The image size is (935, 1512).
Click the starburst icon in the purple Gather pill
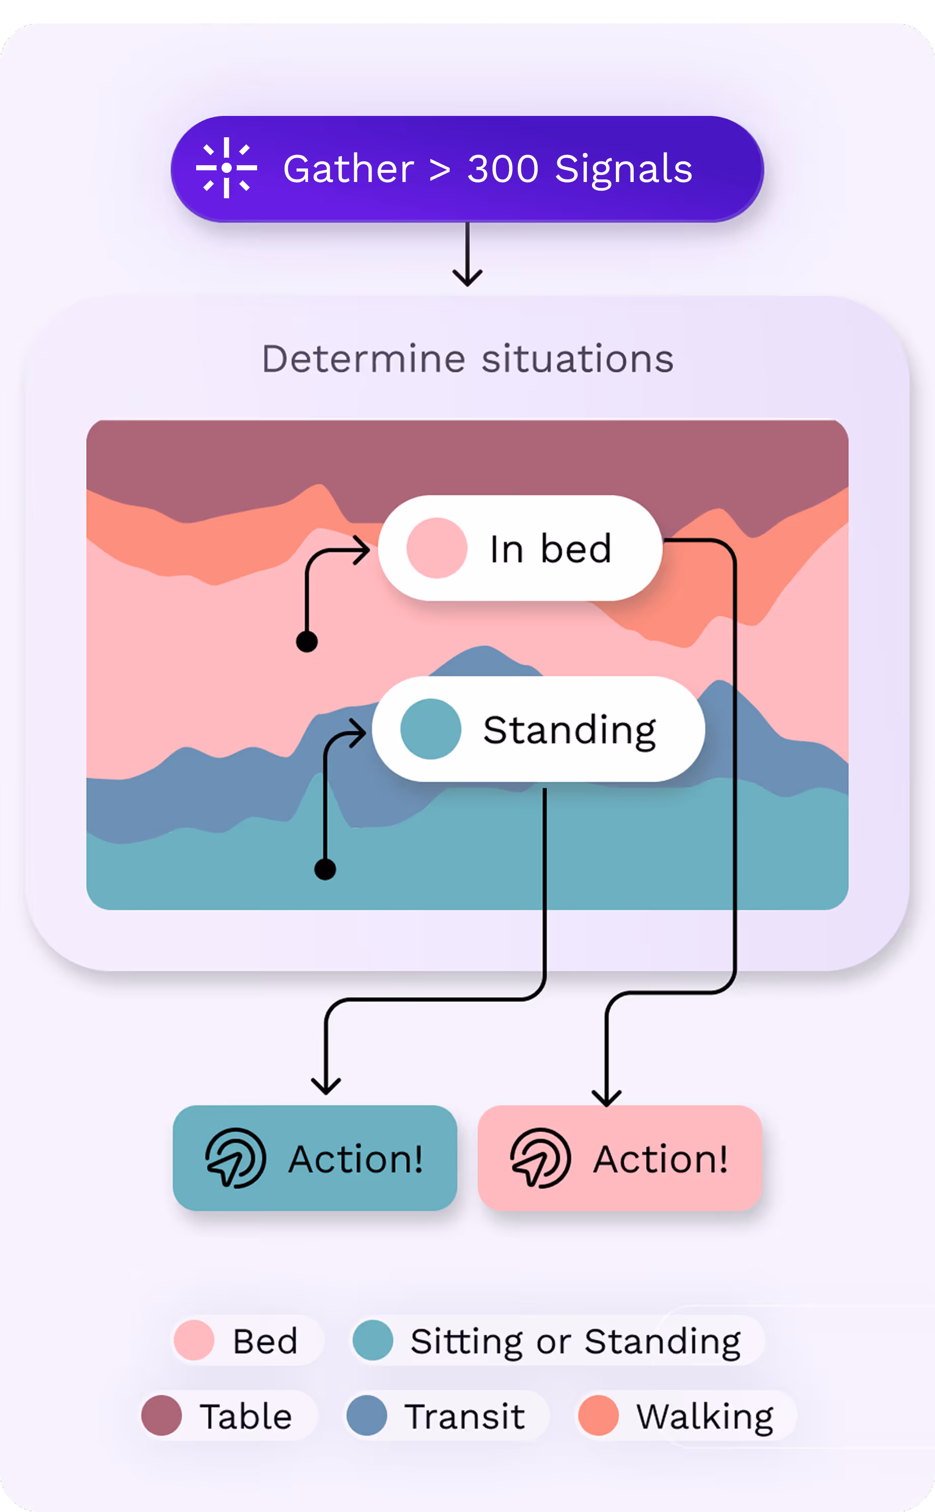(226, 168)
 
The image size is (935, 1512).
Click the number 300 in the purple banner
(503, 168)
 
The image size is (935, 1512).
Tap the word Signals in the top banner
(624, 169)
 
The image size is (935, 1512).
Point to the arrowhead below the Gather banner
(467, 277)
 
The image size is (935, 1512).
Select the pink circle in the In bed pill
(437, 548)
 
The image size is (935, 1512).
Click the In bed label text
(550, 548)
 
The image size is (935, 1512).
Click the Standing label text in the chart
(570, 731)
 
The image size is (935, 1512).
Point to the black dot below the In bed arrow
(307, 642)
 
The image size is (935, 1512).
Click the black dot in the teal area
(325, 869)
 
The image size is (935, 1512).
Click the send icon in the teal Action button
(236, 1158)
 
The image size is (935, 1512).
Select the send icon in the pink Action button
(541, 1158)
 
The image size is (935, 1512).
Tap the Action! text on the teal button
(356, 1159)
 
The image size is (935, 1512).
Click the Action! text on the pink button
(661, 1159)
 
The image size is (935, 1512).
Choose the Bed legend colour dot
(194, 1340)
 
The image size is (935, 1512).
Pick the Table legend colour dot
(162, 1415)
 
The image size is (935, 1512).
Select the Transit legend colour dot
(367, 1415)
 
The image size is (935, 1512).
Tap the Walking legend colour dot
(598, 1415)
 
